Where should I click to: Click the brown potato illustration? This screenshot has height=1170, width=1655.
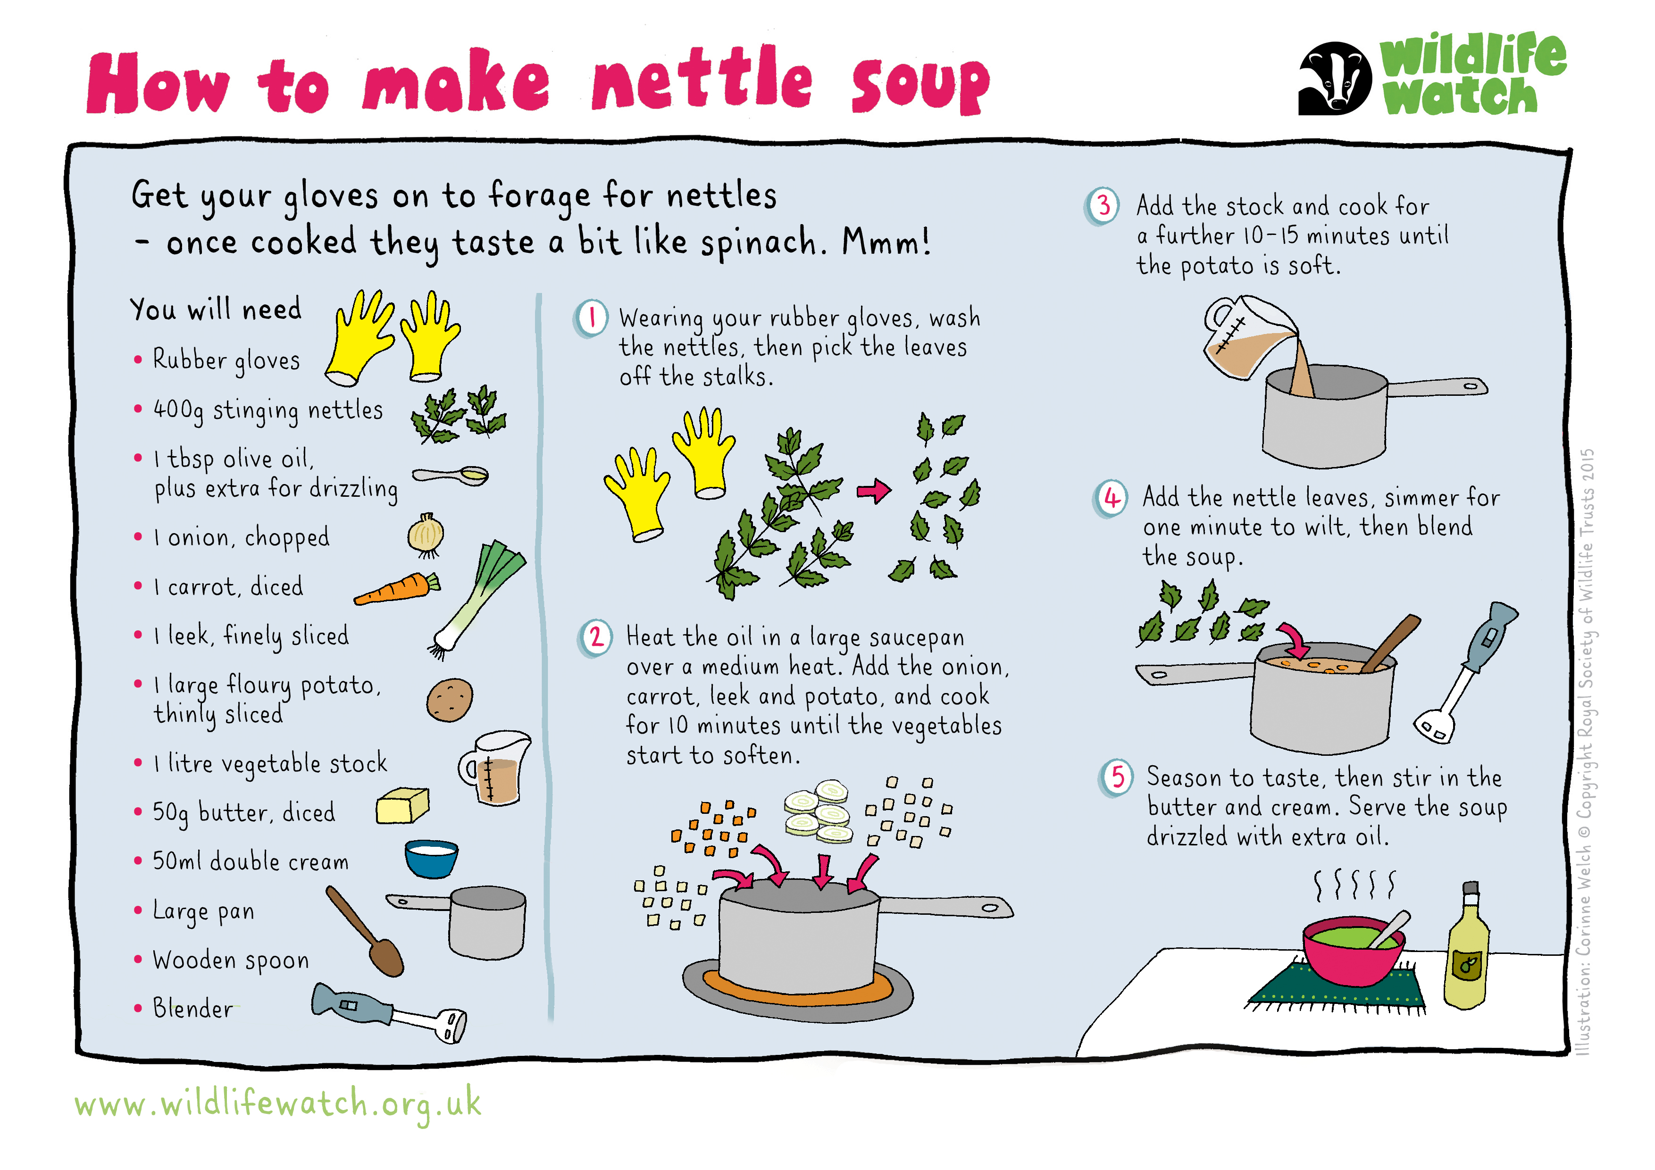coord(449,699)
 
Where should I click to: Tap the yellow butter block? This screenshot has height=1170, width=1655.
coord(402,805)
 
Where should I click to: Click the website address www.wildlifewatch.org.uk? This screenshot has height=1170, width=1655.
coord(277,1105)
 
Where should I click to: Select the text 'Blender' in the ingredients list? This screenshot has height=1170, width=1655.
coord(192,1008)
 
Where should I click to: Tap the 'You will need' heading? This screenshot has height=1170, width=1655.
coord(216,309)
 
